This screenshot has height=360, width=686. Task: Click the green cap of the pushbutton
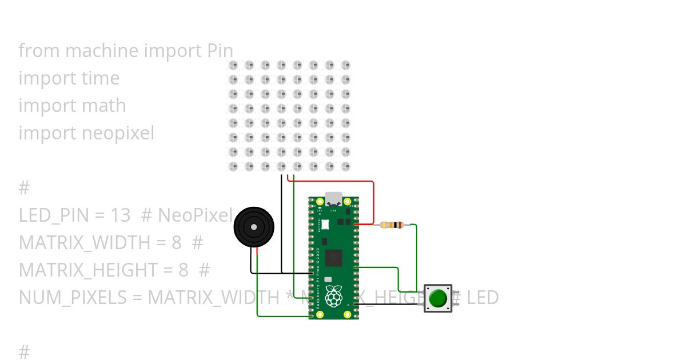438,298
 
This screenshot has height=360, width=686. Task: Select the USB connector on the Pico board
333,199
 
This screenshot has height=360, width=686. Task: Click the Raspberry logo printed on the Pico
333,296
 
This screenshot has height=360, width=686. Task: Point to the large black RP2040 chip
334,258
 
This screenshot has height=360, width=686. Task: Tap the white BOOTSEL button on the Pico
325,225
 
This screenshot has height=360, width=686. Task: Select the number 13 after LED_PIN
121,215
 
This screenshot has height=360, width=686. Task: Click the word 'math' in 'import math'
103,106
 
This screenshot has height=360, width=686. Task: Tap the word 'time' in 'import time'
100,78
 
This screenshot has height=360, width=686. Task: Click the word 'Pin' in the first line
219,51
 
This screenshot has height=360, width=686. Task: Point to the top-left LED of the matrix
233,65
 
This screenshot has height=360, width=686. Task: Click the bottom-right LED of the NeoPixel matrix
345,166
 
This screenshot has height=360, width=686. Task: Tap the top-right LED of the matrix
345,65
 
